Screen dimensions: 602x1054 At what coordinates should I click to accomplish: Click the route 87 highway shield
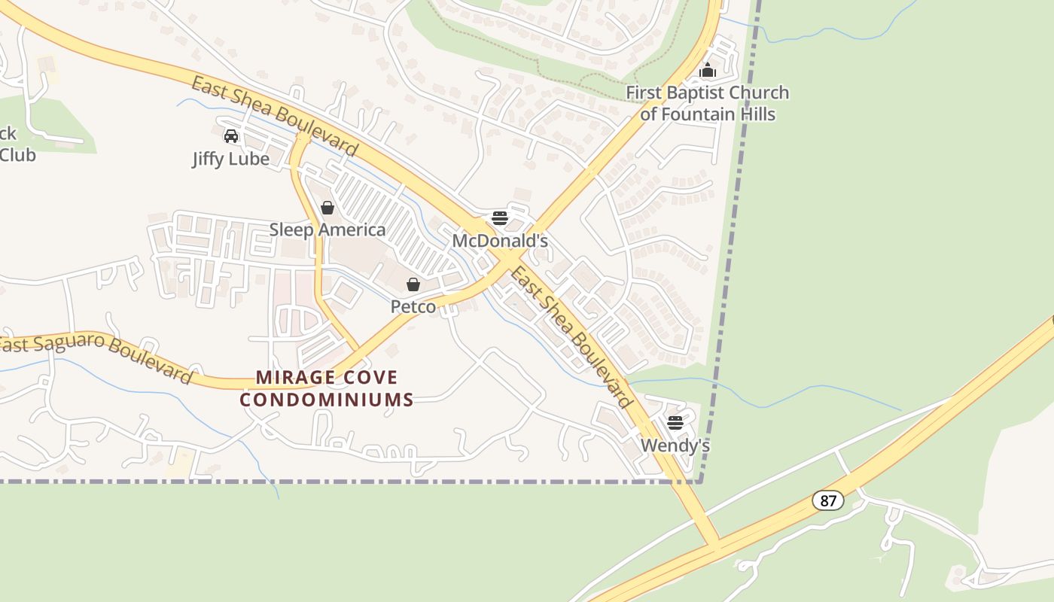click(x=828, y=500)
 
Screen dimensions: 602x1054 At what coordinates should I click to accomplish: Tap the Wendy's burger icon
click(x=675, y=422)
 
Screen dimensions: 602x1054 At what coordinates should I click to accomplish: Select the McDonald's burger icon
click(x=500, y=218)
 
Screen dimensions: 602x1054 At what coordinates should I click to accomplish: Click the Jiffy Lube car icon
click(x=231, y=136)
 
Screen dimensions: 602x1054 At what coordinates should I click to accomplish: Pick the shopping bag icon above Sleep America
click(x=327, y=208)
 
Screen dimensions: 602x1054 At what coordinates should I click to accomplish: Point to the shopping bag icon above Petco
click(x=413, y=284)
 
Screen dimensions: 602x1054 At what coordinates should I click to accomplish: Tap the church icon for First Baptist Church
click(x=708, y=71)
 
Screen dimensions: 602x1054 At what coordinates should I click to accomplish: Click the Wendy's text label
click(x=675, y=445)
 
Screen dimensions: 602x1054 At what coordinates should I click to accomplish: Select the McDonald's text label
click(x=500, y=241)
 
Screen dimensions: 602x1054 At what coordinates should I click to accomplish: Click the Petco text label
click(x=413, y=307)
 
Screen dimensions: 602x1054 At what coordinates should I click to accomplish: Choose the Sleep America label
click(x=327, y=230)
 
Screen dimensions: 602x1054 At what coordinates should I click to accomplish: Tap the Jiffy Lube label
click(x=231, y=160)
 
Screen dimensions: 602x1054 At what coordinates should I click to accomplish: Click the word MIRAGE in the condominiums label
click(x=293, y=377)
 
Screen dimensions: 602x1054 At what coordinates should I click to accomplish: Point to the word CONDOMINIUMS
click(x=327, y=400)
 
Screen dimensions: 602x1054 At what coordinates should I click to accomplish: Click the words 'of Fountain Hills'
click(x=708, y=115)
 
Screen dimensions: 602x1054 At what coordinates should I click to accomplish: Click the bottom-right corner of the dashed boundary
click(x=700, y=481)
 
